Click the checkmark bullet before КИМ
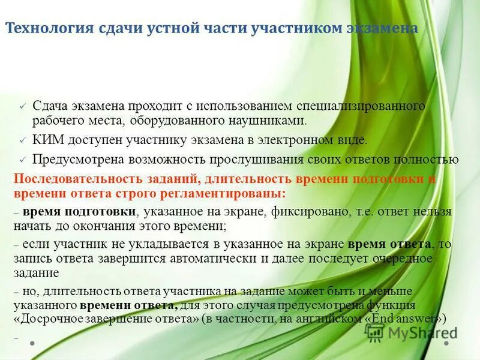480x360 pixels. (22, 140)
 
